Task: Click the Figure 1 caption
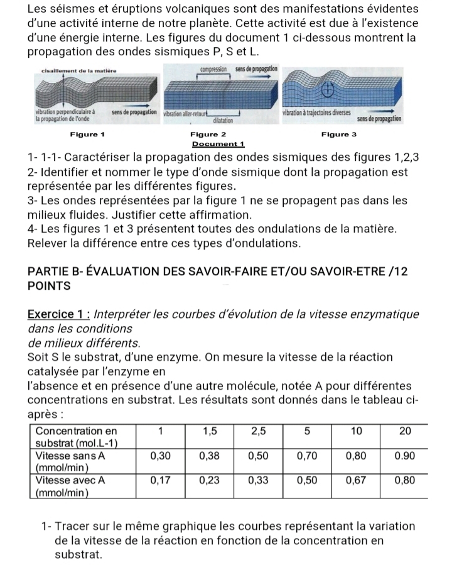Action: (x=87, y=134)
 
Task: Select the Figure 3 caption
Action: (x=338, y=134)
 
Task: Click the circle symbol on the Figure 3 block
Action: (x=326, y=92)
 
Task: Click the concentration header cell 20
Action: (x=404, y=432)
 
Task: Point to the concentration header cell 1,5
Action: (x=209, y=432)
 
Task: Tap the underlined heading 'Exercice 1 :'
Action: (x=55, y=314)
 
